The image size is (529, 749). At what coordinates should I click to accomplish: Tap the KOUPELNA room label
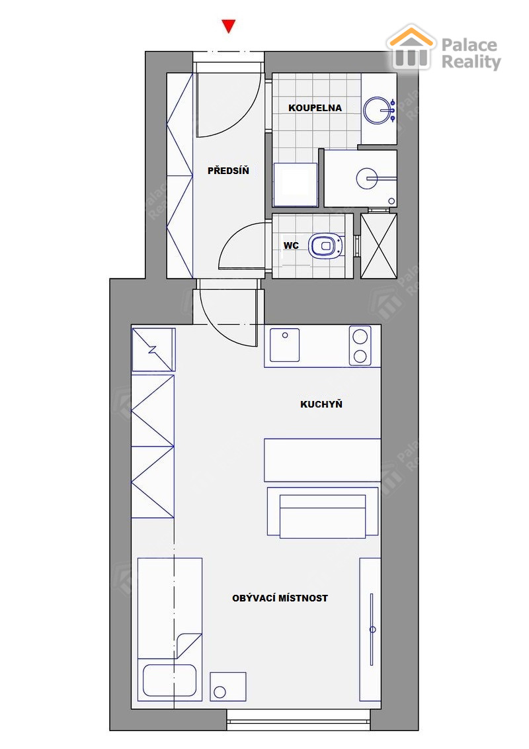315,108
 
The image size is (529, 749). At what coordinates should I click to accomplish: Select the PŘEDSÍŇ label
228,170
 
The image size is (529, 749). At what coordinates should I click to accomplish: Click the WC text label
291,245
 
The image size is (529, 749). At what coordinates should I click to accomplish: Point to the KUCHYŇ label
321,404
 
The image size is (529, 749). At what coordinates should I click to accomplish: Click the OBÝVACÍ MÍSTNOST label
280,598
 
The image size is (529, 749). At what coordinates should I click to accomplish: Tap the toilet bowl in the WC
326,246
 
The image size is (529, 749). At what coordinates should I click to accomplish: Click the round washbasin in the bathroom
378,110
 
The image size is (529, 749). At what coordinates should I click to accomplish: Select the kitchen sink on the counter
284,345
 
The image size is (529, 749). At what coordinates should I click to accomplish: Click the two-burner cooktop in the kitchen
360,345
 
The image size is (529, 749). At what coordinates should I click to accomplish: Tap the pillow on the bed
169,680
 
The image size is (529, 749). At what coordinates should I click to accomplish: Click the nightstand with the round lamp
228,687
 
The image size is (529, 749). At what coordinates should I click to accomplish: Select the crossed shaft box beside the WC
379,245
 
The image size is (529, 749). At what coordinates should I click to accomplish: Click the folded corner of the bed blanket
188,646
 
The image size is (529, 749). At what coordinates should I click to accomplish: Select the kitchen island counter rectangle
323,460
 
